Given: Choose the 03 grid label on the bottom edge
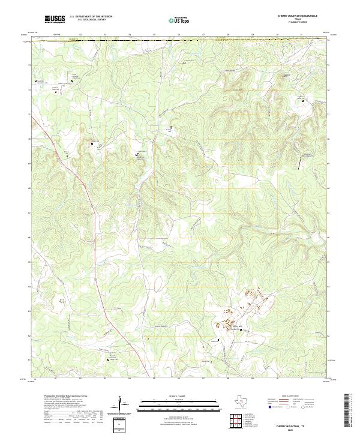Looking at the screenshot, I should pos(105,380).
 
